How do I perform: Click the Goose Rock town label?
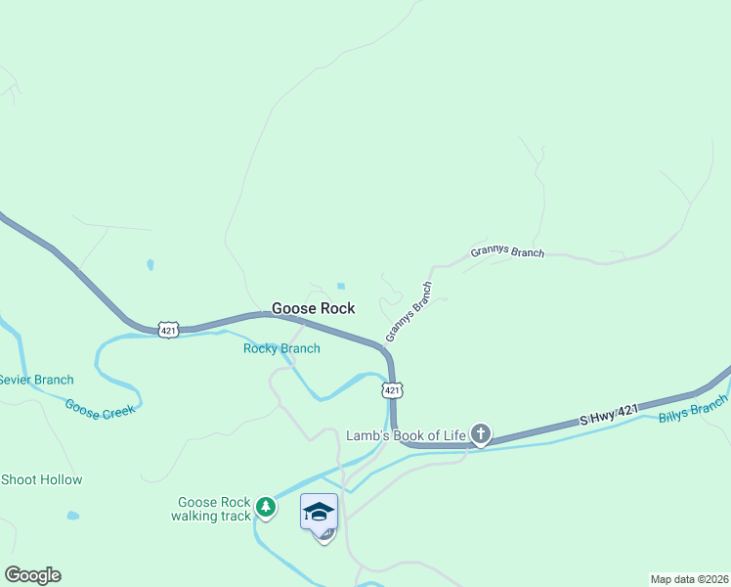coord(313,308)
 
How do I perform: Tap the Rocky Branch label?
coord(281,348)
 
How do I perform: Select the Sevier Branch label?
coord(35,380)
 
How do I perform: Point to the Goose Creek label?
coord(100,409)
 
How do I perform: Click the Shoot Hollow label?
coord(41,479)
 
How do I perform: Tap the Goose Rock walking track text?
coord(213,509)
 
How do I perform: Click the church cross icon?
coord(480,433)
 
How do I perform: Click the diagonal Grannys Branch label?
coord(408,311)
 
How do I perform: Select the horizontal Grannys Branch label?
coord(506,251)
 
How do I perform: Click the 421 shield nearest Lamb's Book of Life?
coord(392,390)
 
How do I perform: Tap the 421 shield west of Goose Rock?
coord(168,331)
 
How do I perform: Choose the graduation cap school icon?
coord(320,512)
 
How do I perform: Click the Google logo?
coord(32,575)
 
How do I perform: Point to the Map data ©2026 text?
coord(689,578)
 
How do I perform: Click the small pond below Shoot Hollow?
coord(73,516)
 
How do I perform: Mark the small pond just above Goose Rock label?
coord(340,286)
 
